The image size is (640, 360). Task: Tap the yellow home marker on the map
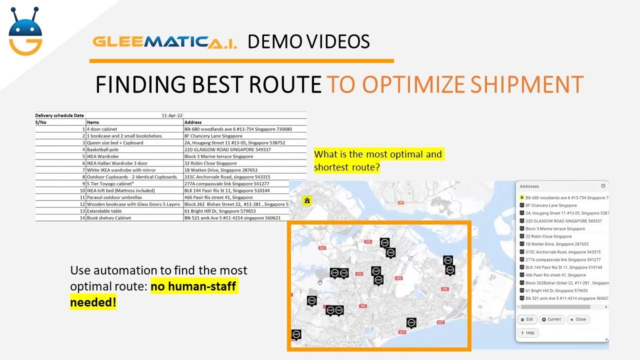click(x=307, y=201)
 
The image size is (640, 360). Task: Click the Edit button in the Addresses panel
click(x=527, y=319)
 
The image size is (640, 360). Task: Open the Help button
click(x=527, y=332)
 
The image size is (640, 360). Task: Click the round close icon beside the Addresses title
click(x=603, y=186)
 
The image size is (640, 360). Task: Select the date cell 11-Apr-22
click(x=172, y=115)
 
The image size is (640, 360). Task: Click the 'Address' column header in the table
click(x=193, y=122)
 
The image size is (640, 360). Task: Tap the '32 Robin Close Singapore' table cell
click(x=210, y=163)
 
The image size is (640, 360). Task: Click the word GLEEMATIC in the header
click(x=150, y=41)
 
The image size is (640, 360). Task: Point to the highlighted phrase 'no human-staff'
click(x=193, y=286)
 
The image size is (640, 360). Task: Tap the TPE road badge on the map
click(x=368, y=241)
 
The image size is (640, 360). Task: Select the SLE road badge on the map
click(x=322, y=247)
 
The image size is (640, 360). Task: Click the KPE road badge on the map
click(x=398, y=278)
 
